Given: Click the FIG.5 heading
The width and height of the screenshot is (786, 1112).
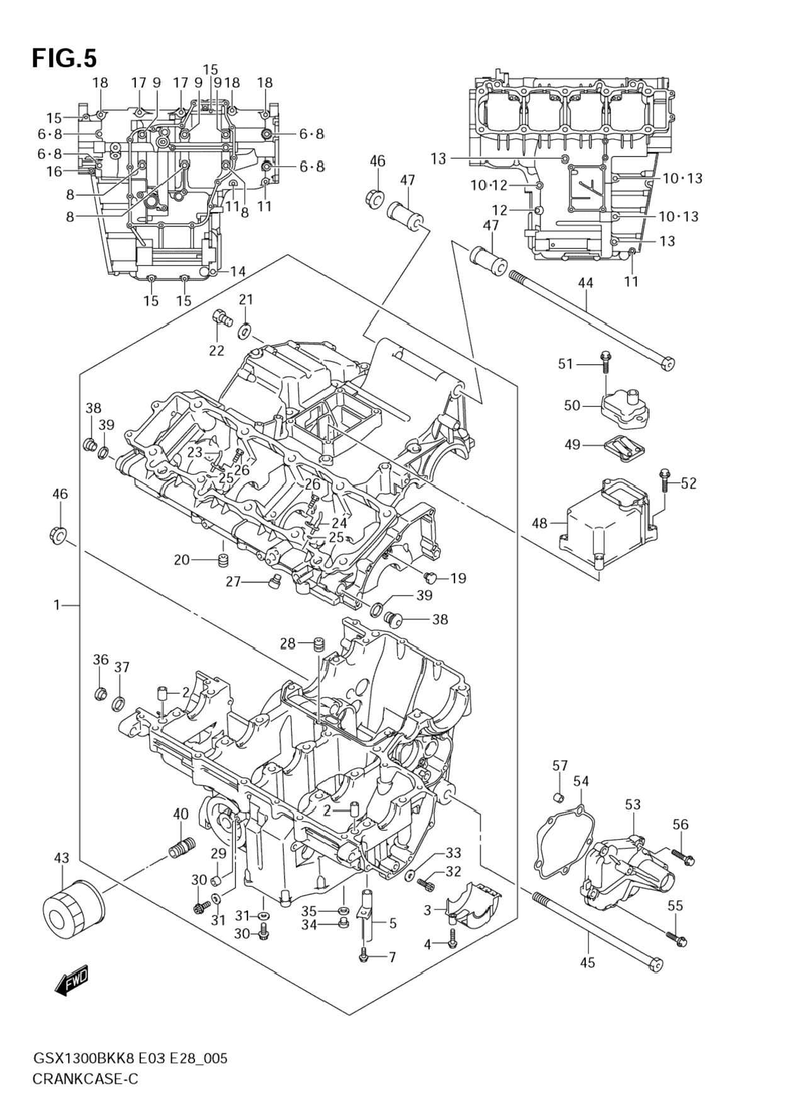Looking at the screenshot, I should [x=65, y=58].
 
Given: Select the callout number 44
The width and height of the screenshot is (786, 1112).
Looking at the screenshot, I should [x=585, y=283].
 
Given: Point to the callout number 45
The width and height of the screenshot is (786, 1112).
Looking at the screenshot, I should [x=588, y=962].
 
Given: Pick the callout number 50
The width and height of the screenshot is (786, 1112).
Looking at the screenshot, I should [x=571, y=406].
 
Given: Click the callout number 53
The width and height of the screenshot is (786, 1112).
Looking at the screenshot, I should [x=632, y=804].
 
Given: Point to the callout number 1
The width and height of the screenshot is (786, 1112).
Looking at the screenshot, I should [x=57, y=605].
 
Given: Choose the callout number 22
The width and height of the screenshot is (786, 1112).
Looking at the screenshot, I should [x=216, y=350].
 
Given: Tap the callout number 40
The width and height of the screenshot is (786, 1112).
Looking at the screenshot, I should [x=181, y=814].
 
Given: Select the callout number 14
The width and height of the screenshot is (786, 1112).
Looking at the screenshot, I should [x=237, y=272].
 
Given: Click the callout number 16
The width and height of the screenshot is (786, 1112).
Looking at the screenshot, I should [x=54, y=171].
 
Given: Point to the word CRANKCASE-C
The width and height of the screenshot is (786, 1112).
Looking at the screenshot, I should [x=86, y=1079].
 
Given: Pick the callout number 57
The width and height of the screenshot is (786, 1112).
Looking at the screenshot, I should [x=559, y=765].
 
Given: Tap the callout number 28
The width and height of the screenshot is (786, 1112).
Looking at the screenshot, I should [x=288, y=643].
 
